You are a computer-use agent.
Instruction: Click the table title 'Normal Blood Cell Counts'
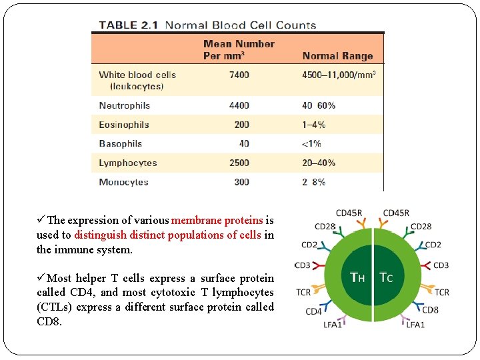tap(240, 25)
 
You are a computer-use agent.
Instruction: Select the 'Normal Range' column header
tap(337, 56)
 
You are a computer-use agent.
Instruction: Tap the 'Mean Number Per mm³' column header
tap(239, 50)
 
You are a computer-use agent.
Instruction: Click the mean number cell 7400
tap(239, 75)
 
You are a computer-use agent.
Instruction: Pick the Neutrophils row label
tap(124, 105)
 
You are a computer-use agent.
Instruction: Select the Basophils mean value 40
tap(244, 143)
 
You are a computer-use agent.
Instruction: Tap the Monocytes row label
tap(123, 182)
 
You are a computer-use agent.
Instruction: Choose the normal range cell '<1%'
tap(311, 143)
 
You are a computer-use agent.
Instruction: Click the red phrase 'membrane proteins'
tap(217, 221)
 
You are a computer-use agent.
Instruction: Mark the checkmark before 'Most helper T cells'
tap(41, 278)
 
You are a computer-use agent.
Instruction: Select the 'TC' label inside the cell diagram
tap(387, 277)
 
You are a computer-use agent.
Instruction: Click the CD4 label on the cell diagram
tap(313, 311)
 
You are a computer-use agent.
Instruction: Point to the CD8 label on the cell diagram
tap(430, 310)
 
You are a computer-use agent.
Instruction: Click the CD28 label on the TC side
tap(421, 227)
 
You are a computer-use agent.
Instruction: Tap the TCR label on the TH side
tap(303, 292)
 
